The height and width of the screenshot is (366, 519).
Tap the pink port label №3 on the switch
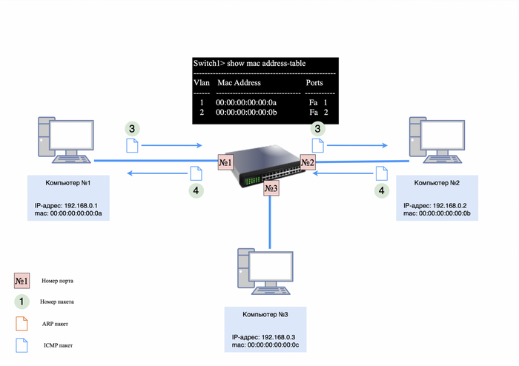tap(271, 189)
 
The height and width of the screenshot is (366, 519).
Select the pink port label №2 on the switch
tap(308, 162)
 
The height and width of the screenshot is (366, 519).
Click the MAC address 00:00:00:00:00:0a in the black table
tap(246, 102)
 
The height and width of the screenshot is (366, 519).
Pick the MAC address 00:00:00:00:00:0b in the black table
tap(246, 112)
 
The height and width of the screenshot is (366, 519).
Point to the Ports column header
tap(314, 83)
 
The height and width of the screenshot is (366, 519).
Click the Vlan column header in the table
tap(202, 83)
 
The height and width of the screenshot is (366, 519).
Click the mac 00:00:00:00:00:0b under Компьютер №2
tap(437, 213)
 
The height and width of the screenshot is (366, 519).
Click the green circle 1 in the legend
tap(22, 302)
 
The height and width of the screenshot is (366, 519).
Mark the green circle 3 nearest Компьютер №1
tap(132, 128)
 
